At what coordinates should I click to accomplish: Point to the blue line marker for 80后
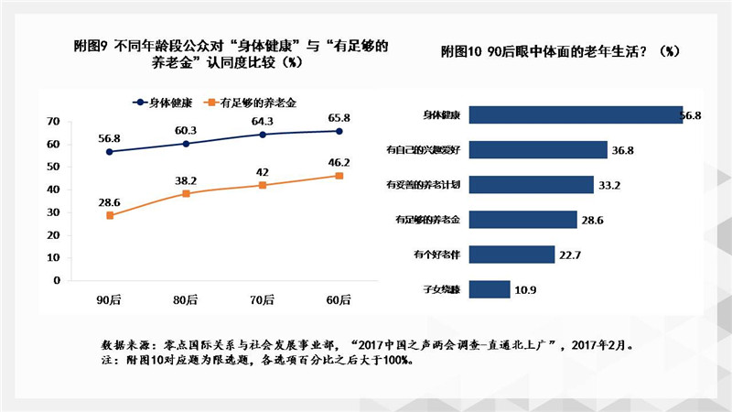(x=186, y=144)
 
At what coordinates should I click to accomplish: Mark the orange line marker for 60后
(x=339, y=176)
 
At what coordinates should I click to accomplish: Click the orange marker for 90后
(x=110, y=215)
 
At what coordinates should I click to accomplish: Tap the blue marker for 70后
(x=263, y=135)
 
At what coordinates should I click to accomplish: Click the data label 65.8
(x=339, y=118)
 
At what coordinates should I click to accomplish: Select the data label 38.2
(x=186, y=181)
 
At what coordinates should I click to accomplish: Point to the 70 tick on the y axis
(x=54, y=122)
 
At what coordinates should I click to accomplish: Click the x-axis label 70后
(x=263, y=299)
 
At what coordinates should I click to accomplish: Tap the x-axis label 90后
(x=110, y=299)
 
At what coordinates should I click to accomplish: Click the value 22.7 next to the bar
(x=572, y=255)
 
